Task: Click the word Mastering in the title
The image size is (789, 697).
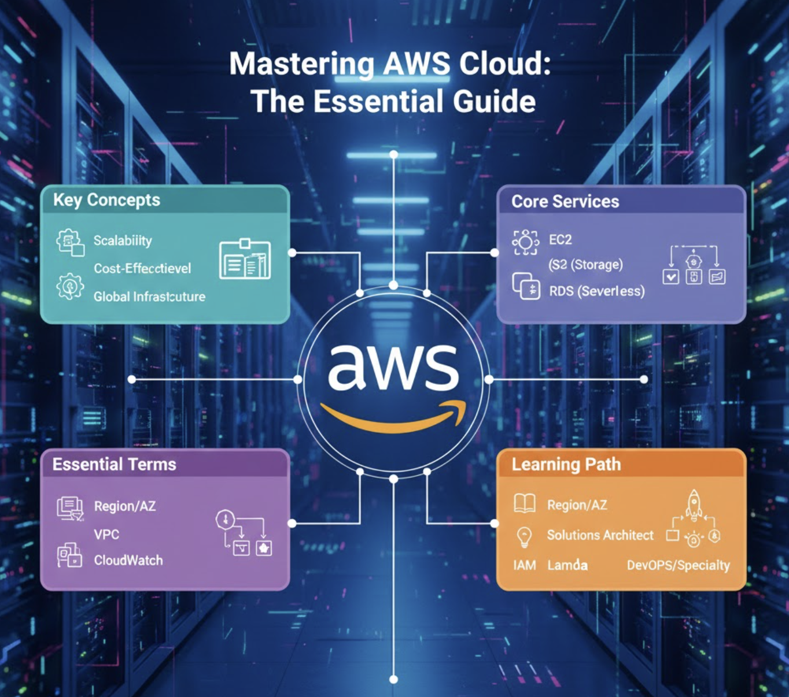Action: pyautogui.click(x=301, y=64)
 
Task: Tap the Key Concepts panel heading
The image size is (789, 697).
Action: pyautogui.click(x=106, y=200)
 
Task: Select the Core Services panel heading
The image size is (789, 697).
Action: pyautogui.click(x=565, y=201)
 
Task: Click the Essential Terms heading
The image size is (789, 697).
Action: pyautogui.click(x=114, y=464)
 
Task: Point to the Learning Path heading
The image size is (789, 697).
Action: pyautogui.click(x=566, y=464)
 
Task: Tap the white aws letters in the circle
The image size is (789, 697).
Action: pyautogui.click(x=393, y=368)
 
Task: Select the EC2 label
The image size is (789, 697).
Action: pyautogui.click(x=560, y=239)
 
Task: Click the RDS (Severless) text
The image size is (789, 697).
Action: pyautogui.click(x=596, y=291)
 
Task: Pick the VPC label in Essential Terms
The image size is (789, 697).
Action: pyautogui.click(x=106, y=534)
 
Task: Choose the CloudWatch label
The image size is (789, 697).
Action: pyautogui.click(x=128, y=560)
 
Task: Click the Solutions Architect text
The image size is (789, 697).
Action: pyautogui.click(x=600, y=535)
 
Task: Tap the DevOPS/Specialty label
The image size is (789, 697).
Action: pyautogui.click(x=678, y=565)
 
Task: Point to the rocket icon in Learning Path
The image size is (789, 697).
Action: pyautogui.click(x=694, y=504)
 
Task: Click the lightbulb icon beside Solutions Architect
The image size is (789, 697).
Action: pyautogui.click(x=524, y=536)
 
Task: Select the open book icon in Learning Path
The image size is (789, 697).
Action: pyautogui.click(x=525, y=503)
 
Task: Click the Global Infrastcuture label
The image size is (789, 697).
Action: pyautogui.click(x=149, y=296)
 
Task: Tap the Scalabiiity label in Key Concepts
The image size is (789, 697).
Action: pyautogui.click(x=123, y=240)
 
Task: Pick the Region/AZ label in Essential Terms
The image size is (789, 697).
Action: pyautogui.click(x=125, y=506)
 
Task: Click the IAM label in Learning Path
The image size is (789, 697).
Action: pyautogui.click(x=524, y=565)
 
